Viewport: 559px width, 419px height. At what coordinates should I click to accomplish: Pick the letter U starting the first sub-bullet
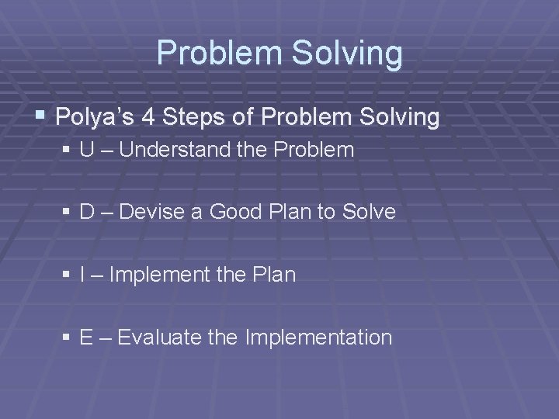click(x=86, y=150)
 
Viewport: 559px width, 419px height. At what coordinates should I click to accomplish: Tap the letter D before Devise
click(x=86, y=212)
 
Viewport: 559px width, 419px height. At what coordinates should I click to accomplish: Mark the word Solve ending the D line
click(x=367, y=212)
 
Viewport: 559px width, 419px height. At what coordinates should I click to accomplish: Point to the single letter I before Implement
click(x=83, y=275)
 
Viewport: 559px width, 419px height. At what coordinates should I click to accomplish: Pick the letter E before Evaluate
click(x=86, y=338)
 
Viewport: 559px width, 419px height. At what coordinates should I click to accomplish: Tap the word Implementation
click(x=318, y=338)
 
